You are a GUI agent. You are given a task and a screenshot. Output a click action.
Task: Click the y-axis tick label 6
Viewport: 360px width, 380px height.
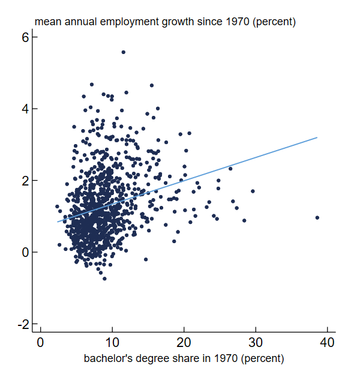coord(26,37)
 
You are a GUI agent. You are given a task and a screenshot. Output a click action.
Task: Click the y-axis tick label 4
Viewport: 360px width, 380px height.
coord(26,109)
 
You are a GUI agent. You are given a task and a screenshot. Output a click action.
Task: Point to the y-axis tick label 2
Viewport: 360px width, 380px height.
coord(26,181)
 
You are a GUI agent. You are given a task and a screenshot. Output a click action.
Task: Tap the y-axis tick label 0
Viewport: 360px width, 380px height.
coord(26,253)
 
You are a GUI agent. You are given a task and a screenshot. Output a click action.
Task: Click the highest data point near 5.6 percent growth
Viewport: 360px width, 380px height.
coord(123,52)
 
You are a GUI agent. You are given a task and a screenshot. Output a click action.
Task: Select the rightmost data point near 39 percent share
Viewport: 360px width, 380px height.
coord(317,218)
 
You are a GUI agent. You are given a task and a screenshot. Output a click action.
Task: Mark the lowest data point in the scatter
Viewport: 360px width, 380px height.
coord(104,279)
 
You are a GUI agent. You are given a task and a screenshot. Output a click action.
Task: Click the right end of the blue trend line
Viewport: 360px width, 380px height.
coord(317,137)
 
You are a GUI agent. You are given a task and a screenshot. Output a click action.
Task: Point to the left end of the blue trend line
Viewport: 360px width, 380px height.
coord(58,222)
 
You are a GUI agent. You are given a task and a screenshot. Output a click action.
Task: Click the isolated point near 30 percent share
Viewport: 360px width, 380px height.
coord(253,192)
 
